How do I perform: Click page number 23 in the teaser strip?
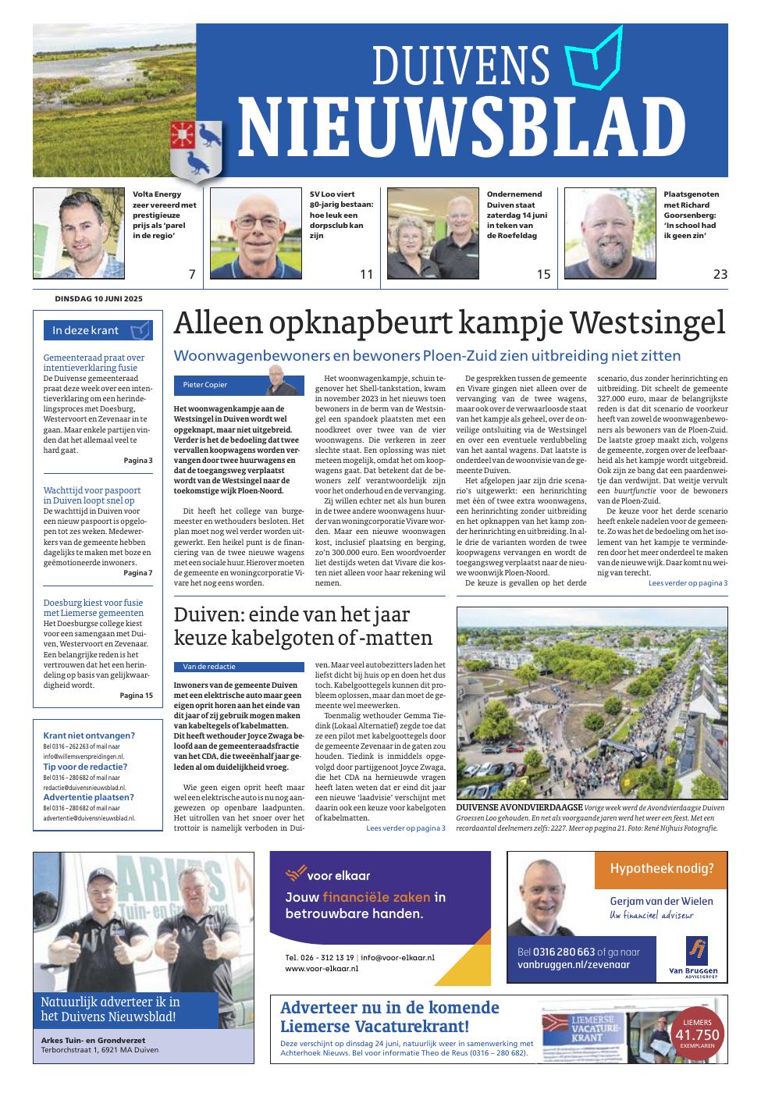click(x=720, y=274)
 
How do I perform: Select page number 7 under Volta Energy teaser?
click(x=190, y=274)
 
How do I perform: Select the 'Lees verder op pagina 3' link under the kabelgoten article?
click(x=406, y=828)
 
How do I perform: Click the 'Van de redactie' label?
click(x=209, y=667)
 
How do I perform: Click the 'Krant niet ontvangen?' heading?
click(x=89, y=735)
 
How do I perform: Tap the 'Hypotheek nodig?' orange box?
click(x=661, y=868)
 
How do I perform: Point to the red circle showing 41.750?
click(x=697, y=1034)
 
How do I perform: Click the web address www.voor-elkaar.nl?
click(x=322, y=968)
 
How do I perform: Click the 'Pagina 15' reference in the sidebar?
click(x=137, y=695)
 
